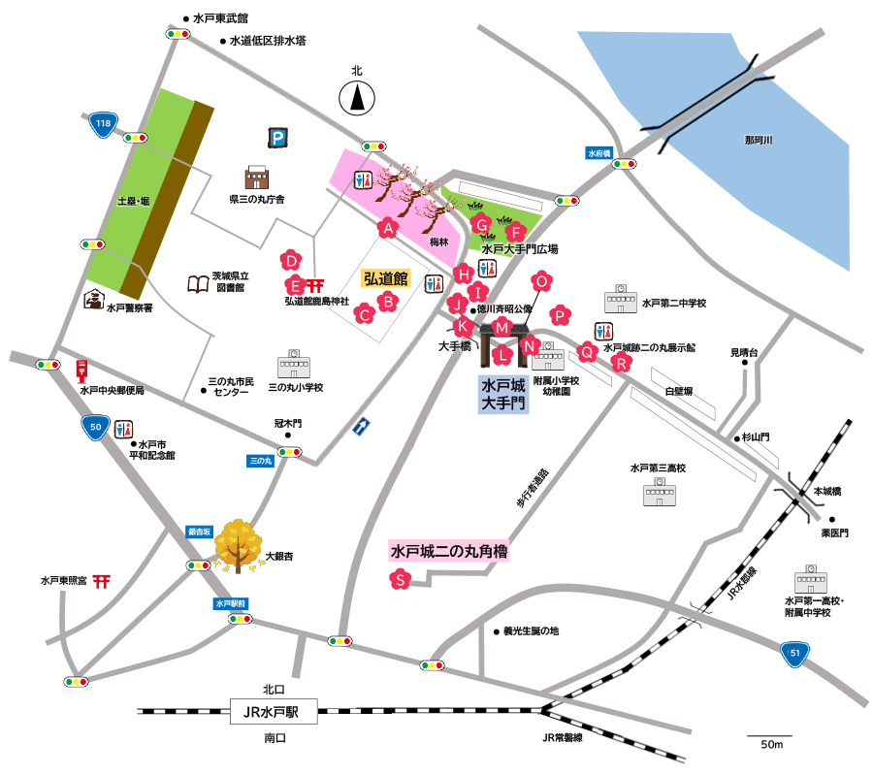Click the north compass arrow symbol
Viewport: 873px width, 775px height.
click(x=357, y=96)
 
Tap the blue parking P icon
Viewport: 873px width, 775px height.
click(x=278, y=139)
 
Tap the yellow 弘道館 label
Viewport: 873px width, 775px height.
click(x=386, y=279)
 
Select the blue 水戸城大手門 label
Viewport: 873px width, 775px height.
click(x=503, y=395)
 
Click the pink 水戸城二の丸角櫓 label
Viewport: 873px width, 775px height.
click(x=449, y=552)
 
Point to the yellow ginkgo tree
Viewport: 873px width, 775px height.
click(x=236, y=546)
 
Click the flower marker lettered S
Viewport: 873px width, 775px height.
click(x=399, y=580)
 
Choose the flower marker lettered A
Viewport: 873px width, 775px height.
click(x=388, y=228)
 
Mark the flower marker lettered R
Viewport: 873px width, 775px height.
click(x=620, y=363)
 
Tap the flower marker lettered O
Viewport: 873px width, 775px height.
click(x=543, y=281)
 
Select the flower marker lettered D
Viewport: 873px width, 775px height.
click(x=289, y=260)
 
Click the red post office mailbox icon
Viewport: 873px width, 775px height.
click(x=83, y=371)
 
